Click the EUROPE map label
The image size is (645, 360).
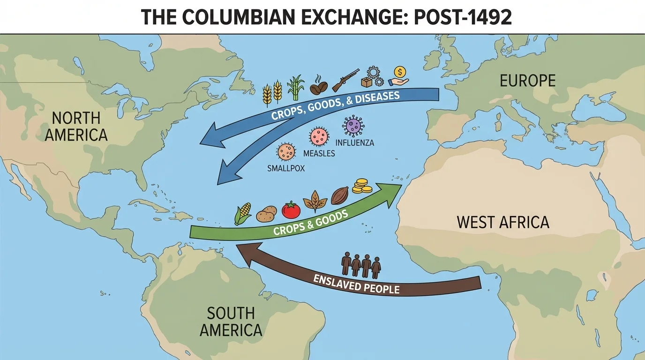click(x=527, y=81)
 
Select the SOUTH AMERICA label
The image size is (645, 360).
click(x=231, y=322)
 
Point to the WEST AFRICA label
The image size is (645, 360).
click(x=502, y=222)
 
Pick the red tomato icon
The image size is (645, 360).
click(x=291, y=210)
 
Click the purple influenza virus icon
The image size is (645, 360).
click(x=353, y=126)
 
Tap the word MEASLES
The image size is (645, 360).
click(x=319, y=153)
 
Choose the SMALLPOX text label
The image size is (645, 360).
click(x=285, y=168)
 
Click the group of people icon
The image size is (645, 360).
click(x=360, y=264)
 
